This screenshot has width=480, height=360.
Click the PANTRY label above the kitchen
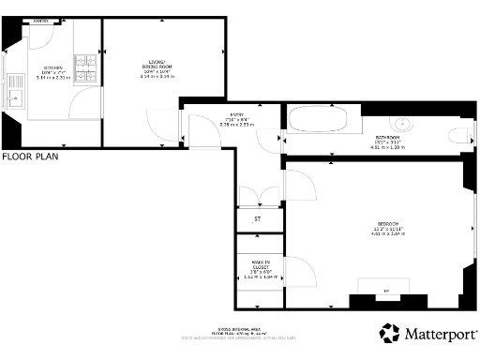40,21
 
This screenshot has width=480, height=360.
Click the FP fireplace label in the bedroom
386,292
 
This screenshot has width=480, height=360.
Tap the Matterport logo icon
390,333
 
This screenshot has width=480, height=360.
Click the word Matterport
439,333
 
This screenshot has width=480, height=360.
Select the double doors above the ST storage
258,195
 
